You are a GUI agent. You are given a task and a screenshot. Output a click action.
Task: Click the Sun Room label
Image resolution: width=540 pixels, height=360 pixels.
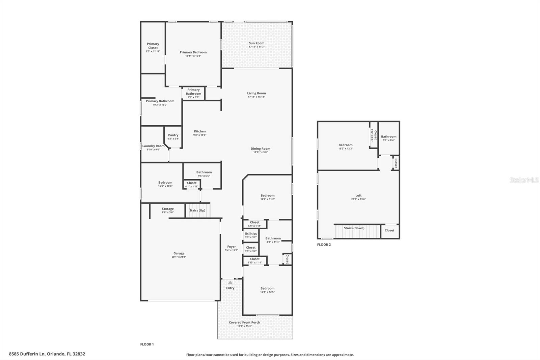coord(256,43)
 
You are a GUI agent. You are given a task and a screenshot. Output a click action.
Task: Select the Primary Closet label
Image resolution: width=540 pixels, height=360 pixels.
coord(153,46)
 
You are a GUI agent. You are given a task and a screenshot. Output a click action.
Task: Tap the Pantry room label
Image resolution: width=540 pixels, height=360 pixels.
coord(173,135)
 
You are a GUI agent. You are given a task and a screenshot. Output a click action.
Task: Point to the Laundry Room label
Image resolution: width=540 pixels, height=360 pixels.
coord(153,146)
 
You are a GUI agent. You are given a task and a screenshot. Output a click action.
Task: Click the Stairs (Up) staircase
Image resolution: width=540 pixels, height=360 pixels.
coord(197,211)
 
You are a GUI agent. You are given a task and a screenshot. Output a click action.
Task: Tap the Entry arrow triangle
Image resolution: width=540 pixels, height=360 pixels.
coord(230,283)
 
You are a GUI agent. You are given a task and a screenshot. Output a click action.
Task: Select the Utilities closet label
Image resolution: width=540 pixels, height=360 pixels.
coord(251,234)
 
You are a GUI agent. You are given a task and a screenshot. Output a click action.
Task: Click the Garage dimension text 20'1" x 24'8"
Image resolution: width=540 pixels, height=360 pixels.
coord(179,257)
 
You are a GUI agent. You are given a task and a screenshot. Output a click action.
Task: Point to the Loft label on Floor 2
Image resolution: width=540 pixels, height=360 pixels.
coord(358,196)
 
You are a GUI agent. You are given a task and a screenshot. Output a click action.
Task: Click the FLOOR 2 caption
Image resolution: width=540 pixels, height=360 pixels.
coord(324,245)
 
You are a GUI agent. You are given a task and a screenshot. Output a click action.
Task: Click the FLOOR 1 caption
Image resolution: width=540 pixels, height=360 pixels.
coord(147,344)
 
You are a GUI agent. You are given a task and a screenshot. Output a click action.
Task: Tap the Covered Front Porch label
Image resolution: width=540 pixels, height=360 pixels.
coord(244,323)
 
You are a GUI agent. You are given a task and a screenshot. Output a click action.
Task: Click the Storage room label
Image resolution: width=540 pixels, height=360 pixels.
coord(168,209)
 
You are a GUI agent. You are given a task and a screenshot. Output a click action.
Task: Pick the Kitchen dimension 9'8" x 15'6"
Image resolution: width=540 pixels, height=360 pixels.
coord(200,135)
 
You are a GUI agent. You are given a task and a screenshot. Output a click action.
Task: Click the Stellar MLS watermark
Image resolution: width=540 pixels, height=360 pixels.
coord(524,180)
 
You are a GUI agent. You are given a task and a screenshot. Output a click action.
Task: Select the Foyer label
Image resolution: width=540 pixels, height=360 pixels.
coord(232,247)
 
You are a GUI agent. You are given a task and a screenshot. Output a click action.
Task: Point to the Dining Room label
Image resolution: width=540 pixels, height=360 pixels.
coord(261,149)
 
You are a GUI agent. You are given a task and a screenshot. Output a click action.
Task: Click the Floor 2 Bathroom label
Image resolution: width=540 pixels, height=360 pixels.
coord(389,137)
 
